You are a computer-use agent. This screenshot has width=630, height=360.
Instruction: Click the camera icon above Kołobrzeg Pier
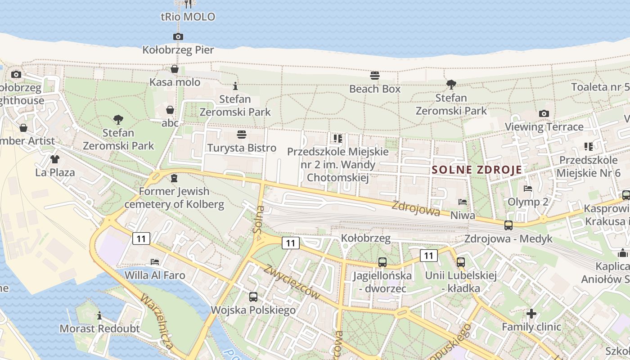tap(178, 37)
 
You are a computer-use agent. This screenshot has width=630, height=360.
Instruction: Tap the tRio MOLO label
tap(188, 17)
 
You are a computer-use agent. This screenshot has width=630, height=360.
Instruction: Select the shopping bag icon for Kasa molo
tap(175, 69)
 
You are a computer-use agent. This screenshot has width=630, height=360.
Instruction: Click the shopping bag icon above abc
tap(170, 110)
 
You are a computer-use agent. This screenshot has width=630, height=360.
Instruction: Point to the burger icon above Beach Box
tap(375, 76)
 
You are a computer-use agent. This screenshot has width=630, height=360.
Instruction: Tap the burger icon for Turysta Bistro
tap(242, 135)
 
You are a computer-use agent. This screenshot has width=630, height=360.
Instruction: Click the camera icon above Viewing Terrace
tap(544, 114)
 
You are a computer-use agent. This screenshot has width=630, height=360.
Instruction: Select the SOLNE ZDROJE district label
tap(477, 170)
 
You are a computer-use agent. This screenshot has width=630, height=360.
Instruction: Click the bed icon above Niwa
tap(463, 202)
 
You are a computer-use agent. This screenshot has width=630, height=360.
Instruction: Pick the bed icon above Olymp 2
tap(528, 189)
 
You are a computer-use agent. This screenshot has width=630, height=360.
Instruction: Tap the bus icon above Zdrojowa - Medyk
tap(508, 225)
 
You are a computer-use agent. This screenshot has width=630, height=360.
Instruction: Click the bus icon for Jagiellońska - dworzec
tap(382, 262)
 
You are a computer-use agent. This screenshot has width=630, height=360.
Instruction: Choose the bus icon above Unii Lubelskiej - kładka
tap(460, 262)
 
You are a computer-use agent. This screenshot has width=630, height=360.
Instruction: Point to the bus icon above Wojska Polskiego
tap(253, 297)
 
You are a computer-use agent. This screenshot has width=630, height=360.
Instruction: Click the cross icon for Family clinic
tap(531, 313)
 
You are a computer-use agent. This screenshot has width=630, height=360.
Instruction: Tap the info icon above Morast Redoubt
tap(99, 315)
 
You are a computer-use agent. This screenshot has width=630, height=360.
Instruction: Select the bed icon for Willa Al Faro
tap(155, 261)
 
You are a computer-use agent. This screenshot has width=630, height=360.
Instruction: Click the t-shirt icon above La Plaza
tap(55, 159)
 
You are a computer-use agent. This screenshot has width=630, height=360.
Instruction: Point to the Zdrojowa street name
tap(415, 208)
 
